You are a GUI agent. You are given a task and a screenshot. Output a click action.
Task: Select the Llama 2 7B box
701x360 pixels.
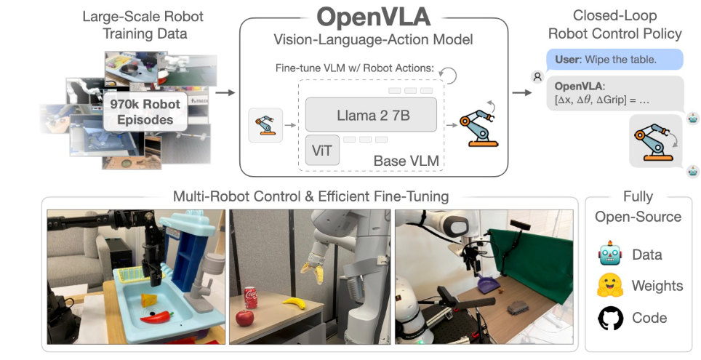coord(371,114)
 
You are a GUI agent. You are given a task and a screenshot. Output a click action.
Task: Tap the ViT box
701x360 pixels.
coord(321,151)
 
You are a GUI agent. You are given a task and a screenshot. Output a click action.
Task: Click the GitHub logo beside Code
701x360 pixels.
coord(610,318)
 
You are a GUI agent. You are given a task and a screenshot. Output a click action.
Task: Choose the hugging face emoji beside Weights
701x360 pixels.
coord(610,286)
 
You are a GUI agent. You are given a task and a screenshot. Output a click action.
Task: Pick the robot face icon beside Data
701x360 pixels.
coord(609,254)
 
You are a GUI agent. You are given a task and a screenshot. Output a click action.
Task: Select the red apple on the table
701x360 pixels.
coord(245,319)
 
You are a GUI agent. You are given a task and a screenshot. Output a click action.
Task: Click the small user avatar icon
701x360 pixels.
coord(537,76)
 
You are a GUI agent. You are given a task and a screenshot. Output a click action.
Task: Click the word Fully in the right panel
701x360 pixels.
coord(638,196)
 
